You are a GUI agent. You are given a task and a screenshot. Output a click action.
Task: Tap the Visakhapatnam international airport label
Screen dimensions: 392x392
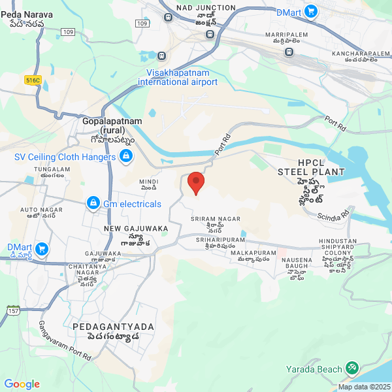point(178,77)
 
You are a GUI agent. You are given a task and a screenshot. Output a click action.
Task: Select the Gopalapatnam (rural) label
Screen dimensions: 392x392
point(108,125)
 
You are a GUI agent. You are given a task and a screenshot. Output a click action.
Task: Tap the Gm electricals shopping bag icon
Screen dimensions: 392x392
point(93,204)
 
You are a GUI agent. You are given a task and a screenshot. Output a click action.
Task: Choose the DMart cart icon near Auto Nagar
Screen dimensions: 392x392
point(42,249)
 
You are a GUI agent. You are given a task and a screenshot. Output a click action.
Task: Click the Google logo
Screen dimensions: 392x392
point(22,384)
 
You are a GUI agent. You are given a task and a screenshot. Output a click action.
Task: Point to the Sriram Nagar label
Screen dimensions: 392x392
point(216,219)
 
